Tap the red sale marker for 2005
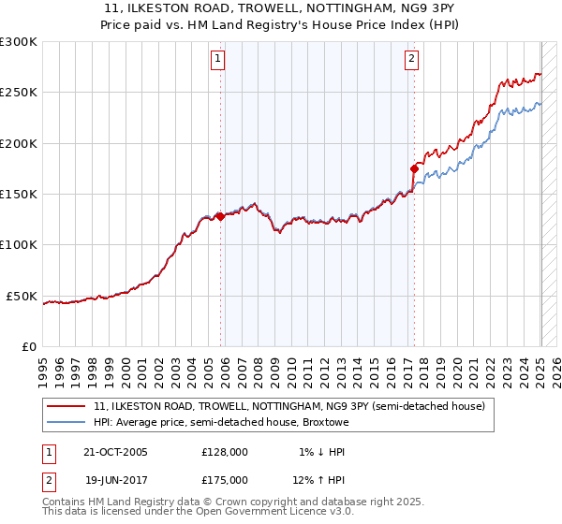[x=221, y=216]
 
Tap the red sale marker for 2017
[x=414, y=168]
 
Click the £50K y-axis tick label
[x=22, y=296]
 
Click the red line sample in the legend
[x=66, y=407]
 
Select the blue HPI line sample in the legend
[x=66, y=423]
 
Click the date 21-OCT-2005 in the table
[x=115, y=452]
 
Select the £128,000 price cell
[x=225, y=452]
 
